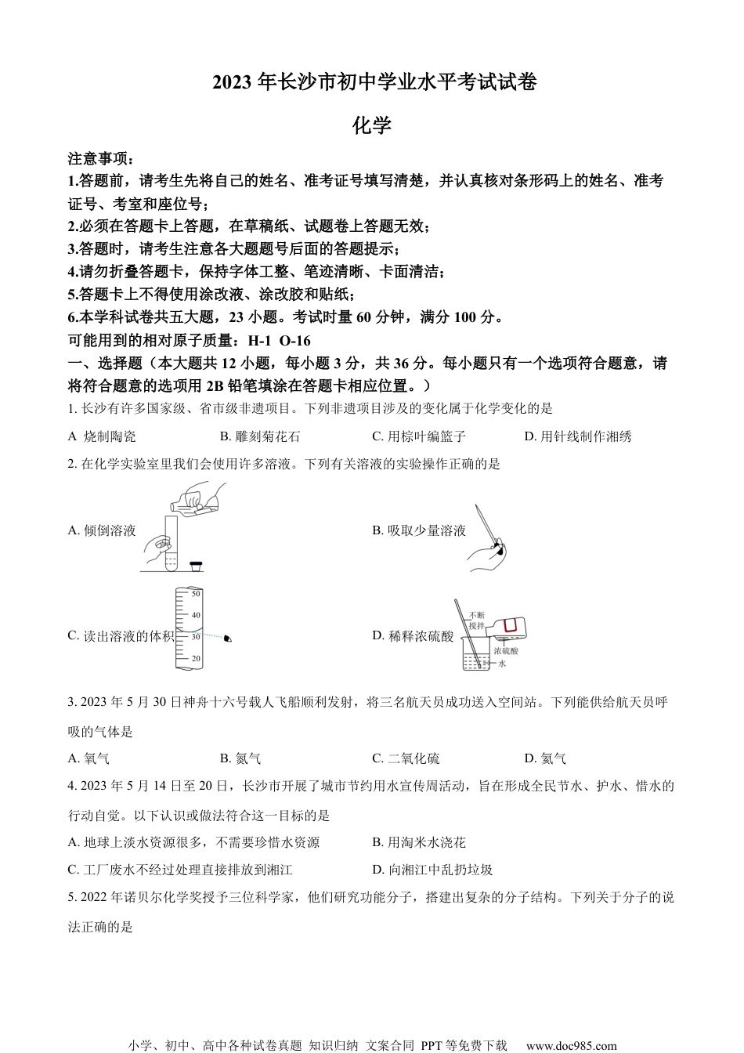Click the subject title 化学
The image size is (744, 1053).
pyautogui.click(x=372, y=125)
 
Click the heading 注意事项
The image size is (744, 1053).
pyautogui.click(x=101, y=159)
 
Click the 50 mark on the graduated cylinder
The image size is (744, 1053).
pyautogui.click(x=196, y=594)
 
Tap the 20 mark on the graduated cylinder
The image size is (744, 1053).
pyautogui.click(x=196, y=658)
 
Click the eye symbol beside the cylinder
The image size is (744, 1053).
pyautogui.click(x=228, y=639)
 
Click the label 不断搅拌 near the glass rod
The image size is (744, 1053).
pyautogui.click(x=476, y=621)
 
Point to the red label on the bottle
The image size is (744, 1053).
pyautogui.click(x=511, y=625)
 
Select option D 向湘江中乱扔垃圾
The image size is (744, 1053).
pyautogui.click(x=432, y=869)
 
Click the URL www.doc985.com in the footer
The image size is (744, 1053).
pyautogui.click(x=571, y=1045)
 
